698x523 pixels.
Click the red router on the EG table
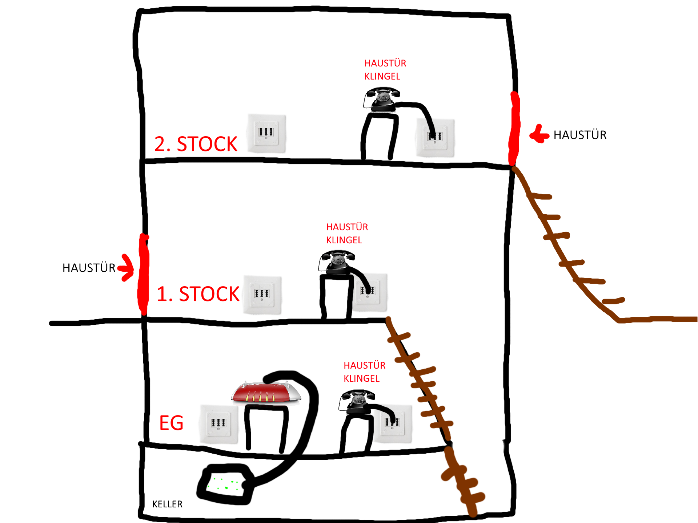click(266, 392)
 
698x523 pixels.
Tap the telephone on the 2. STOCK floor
click(382, 99)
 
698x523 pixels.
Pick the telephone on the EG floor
click(357, 402)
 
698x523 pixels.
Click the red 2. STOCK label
click(196, 144)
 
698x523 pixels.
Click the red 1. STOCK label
click(198, 294)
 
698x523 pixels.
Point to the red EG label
click(171, 423)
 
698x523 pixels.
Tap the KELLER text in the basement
click(167, 504)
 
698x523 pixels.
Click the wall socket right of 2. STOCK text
click(266, 133)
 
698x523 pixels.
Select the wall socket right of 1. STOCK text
click(262, 295)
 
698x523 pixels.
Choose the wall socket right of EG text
click(218, 424)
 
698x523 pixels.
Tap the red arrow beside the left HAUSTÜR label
click(126, 268)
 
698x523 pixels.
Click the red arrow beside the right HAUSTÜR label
click(539, 135)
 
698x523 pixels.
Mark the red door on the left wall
click(143, 274)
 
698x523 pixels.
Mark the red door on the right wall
click(514, 129)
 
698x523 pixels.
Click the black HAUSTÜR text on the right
click(580, 135)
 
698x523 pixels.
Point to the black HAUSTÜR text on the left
click(89, 268)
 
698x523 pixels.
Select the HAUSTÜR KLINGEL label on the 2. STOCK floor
click(385, 70)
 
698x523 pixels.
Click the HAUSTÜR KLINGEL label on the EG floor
click(364, 372)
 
